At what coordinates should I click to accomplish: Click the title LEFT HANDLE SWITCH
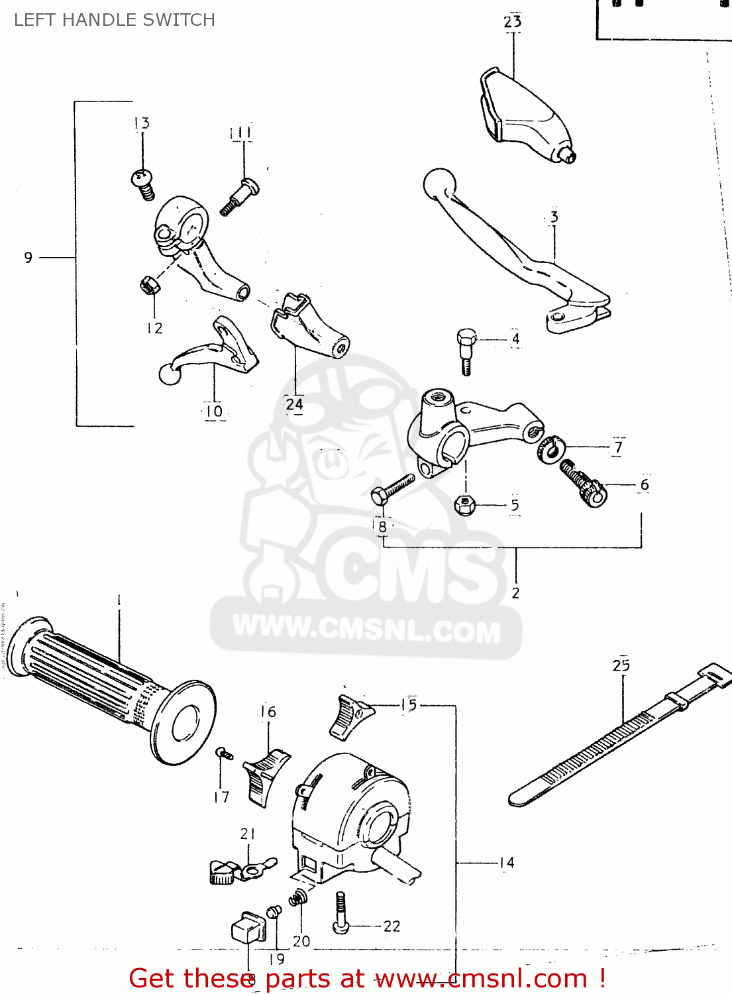pyautogui.click(x=115, y=20)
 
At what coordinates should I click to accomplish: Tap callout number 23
pyautogui.click(x=513, y=22)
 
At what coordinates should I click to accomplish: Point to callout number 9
pyautogui.click(x=28, y=258)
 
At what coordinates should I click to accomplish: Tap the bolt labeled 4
pyautogui.click(x=466, y=349)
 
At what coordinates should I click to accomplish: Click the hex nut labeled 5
pyautogui.click(x=465, y=505)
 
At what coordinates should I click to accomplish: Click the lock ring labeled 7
pyautogui.click(x=550, y=449)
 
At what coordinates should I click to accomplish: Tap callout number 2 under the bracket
pyautogui.click(x=515, y=593)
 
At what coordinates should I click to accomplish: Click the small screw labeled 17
pyautogui.click(x=224, y=754)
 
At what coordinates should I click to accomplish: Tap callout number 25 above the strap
pyautogui.click(x=621, y=665)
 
